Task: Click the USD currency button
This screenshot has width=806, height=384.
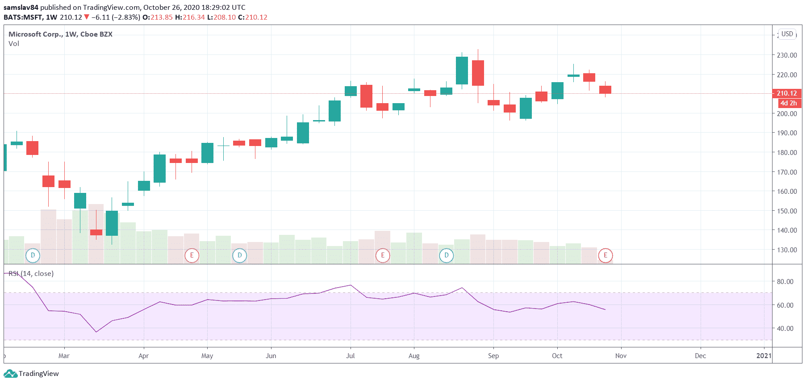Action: pyautogui.click(x=787, y=34)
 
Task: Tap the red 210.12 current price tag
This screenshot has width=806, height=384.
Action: pyautogui.click(x=786, y=93)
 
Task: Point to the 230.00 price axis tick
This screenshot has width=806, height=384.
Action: pyautogui.click(x=786, y=55)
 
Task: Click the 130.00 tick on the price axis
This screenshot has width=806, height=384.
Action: pyautogui.click(x=786, y=250)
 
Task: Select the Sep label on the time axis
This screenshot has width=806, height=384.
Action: pyautogui.click(x=493, y=356)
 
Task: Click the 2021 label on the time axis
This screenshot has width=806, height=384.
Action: pyautogui.click(x=764, y=356)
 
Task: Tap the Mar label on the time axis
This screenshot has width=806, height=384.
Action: pyautogui.click(x=64, y=356)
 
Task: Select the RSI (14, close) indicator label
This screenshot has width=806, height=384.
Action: pyautogui.click(x=31, y=273)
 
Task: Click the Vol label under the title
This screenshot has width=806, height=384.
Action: pyautogui.click(x=14, y=44)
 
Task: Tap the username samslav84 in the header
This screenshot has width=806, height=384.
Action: pyautogui.click(x=21, y=8)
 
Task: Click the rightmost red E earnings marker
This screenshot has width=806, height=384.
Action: pyautogui.click(x=606, y=255)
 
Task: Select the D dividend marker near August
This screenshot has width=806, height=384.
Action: pyautogui.click(x=446, y=255)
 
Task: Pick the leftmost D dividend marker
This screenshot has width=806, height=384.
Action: pyautogui.click(x=33, y=255)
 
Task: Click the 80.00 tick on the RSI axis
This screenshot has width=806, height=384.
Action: pyautogui.click(x=785, y=282)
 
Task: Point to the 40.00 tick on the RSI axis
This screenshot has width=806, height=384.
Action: pyautogui.click(x=785, y=329)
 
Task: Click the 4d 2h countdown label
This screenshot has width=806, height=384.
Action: pyautogui.click(x=789, y=103)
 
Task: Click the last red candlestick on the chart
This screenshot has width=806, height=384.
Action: pyautogui.click(x=605, y=90)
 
